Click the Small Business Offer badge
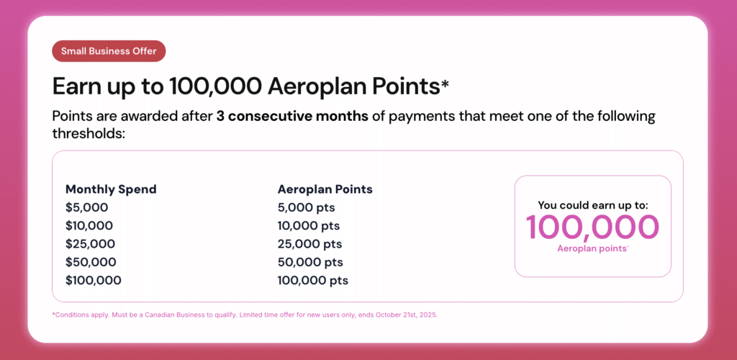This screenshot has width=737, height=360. pyautogui.click(x=109, y=51)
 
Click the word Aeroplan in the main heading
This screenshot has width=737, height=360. pyautogui.click(x=317, y=86)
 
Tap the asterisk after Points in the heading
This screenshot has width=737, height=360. pyautogui.click(x=445, y=84)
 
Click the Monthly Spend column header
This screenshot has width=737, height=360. pyautogui.click(x=111, y=189)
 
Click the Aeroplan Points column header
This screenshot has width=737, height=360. pyautogui.click(x=325, y=189)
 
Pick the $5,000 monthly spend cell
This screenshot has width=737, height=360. pyautogui.click(x=86, y=208)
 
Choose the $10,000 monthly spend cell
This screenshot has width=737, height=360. pyautogui.click(x=90, y=226)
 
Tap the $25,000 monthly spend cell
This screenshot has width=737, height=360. pyautogui.click(x=90, y=244)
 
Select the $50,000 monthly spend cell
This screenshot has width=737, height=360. pyautogui.click(x=91, y=262)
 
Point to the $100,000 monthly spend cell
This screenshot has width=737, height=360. pyautogui.click(x=94, y=280)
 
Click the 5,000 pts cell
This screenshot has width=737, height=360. pyautogui.click(x=306, y=208)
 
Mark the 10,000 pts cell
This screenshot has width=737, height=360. pyautogui.click(x=309, y=226)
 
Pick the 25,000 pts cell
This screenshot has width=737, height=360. pyautogui.click(x=309, y=244)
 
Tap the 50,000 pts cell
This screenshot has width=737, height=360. pyautogui.click(x=310, y=262)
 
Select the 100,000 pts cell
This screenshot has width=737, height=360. pyautogui.click(x=312, y=280)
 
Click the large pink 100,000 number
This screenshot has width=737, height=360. pyautogui.click(x=592, y=228)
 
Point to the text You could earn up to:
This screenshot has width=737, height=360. pyautogui.click(x=593, y=205)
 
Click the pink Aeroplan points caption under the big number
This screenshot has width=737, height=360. pyautogui.click(x=592, y=248)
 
